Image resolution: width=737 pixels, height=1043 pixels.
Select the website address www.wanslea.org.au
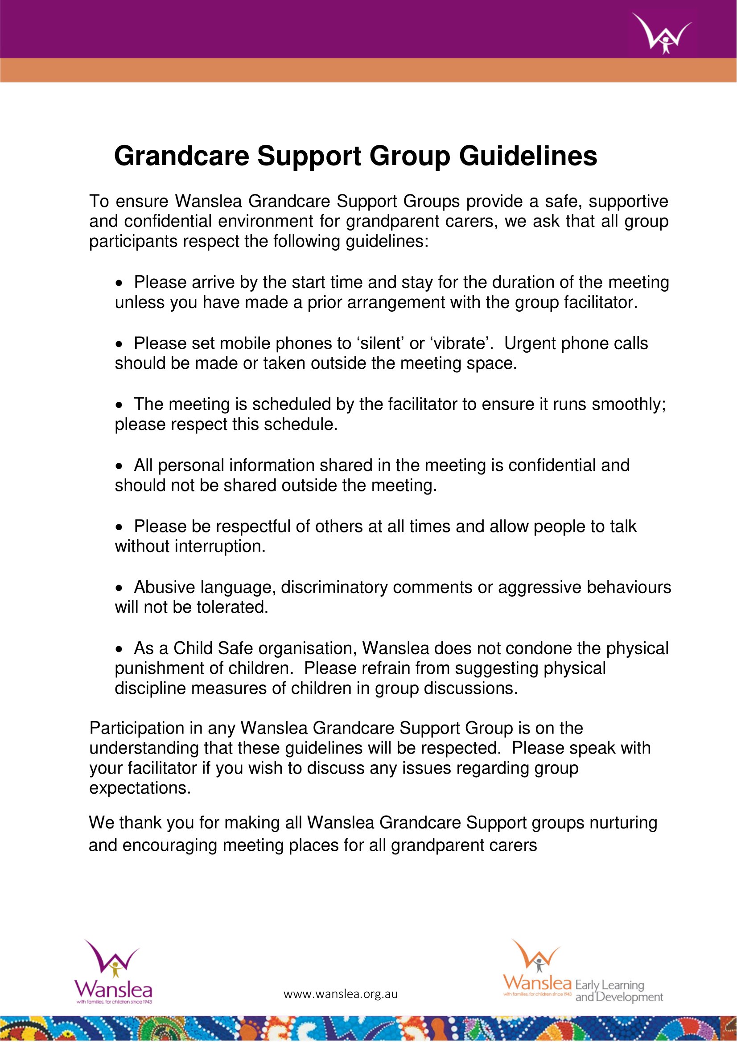click(x=341, y=994)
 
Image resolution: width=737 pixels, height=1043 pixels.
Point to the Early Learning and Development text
click(x=618, y=991)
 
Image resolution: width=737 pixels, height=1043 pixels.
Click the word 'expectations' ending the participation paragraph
click(x=139, y=788)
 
